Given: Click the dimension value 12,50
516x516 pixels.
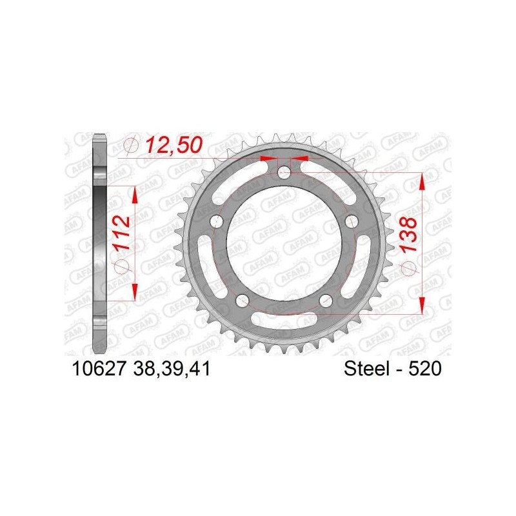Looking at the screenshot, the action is (x=174, y=145).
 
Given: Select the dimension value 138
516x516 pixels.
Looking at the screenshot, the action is (x=408, y=234).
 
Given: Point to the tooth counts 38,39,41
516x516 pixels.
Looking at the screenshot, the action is (x=172, y=368).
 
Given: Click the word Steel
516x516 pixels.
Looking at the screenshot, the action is (x=366, y=368).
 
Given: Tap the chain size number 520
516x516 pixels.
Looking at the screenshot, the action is (x=425, y=368).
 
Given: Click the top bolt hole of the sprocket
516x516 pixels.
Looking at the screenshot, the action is (x=284, y=172).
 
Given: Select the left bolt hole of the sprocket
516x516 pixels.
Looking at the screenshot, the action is (x=215, y=221).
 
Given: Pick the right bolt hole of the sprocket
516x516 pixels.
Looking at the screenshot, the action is (x=352, y=221).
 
